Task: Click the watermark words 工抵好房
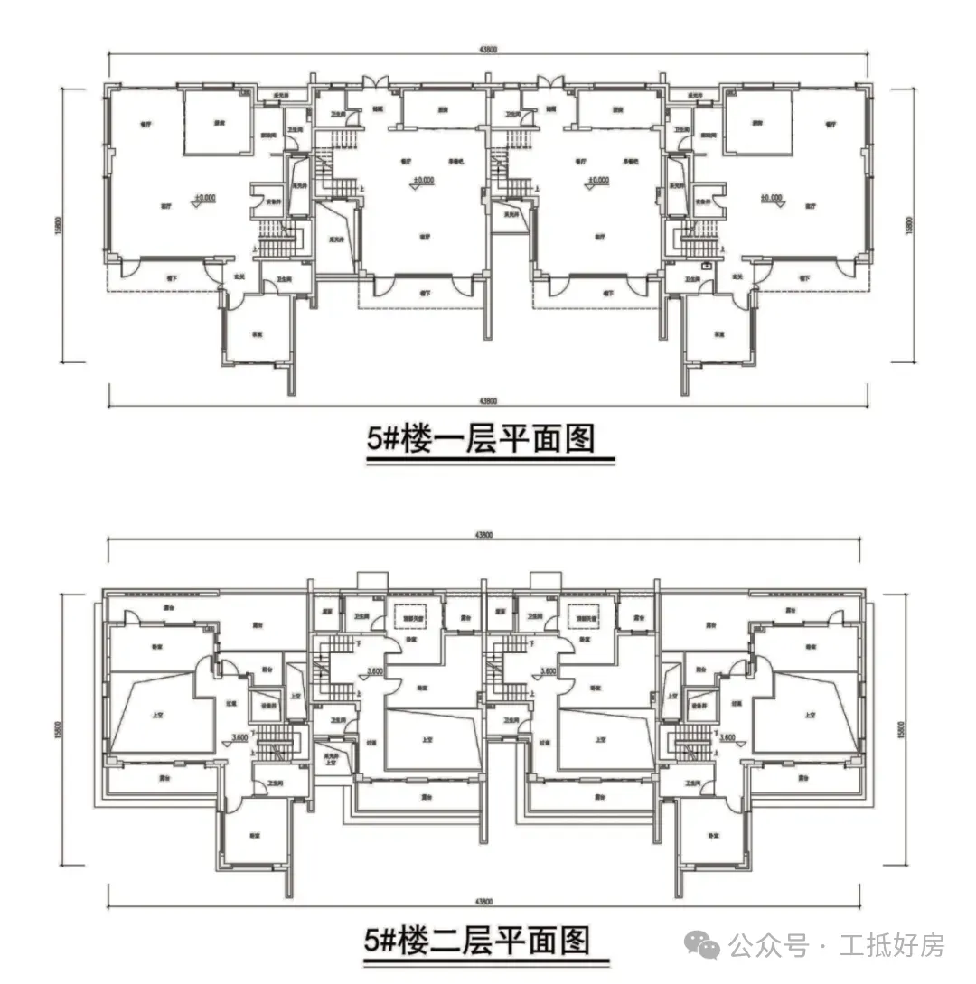click(891, 946)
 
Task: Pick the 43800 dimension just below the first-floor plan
click(487, 400)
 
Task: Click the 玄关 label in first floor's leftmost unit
click(240, 276)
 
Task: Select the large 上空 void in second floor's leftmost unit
click(154, 713)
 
